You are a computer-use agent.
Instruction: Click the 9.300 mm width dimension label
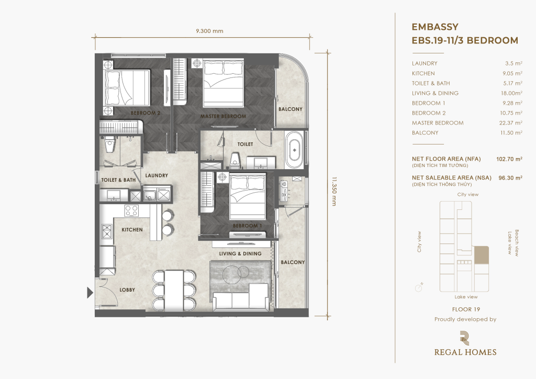click(209, 31)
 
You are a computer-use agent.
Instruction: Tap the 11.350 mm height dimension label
click(334, 191)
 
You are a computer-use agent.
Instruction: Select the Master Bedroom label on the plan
click(223, 116)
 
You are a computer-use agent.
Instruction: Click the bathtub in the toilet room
click(294, 150)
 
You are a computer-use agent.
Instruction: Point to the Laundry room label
click(157, 175)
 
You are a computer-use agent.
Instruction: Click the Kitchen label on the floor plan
click(132, 230)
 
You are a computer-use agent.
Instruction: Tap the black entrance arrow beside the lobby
click(90, 293)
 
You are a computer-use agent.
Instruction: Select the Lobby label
click(127, 290)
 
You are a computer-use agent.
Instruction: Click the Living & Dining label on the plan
click(240, 253)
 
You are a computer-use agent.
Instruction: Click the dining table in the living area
click(174, 291)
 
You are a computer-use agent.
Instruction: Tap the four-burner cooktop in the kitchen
click(131, 210)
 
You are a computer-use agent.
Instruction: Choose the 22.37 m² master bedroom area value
click(511, 123)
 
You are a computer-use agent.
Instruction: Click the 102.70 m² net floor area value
click(509, 159)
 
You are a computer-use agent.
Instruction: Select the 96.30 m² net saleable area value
click(510, 177)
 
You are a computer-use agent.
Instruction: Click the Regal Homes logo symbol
click(465, 338)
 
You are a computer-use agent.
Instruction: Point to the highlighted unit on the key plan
click(482, 255)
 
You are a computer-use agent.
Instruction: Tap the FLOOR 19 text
click(466, 309)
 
